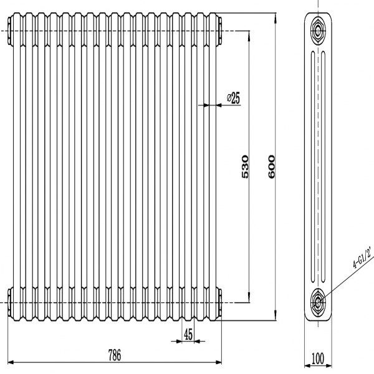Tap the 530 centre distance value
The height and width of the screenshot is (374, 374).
[245, 166]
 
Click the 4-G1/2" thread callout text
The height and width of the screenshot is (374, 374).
[363, 257]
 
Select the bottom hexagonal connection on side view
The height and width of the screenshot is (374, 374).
[319, 302]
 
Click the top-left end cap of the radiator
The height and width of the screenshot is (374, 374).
[11, 30]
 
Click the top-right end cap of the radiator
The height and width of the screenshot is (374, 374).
[219, 30]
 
